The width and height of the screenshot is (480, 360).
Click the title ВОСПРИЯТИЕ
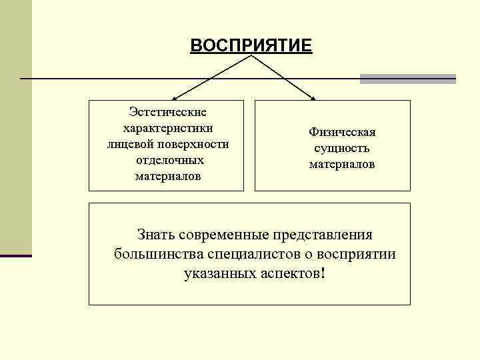coord(250,45)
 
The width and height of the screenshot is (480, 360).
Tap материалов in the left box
coord(167,177)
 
